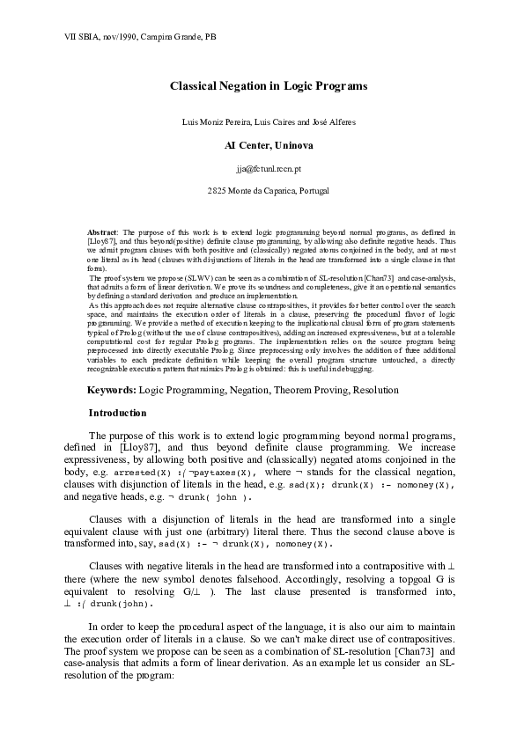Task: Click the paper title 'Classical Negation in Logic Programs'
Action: point(262,86)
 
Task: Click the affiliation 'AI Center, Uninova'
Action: point(262,143)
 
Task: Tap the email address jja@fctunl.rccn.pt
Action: point(262,166)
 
